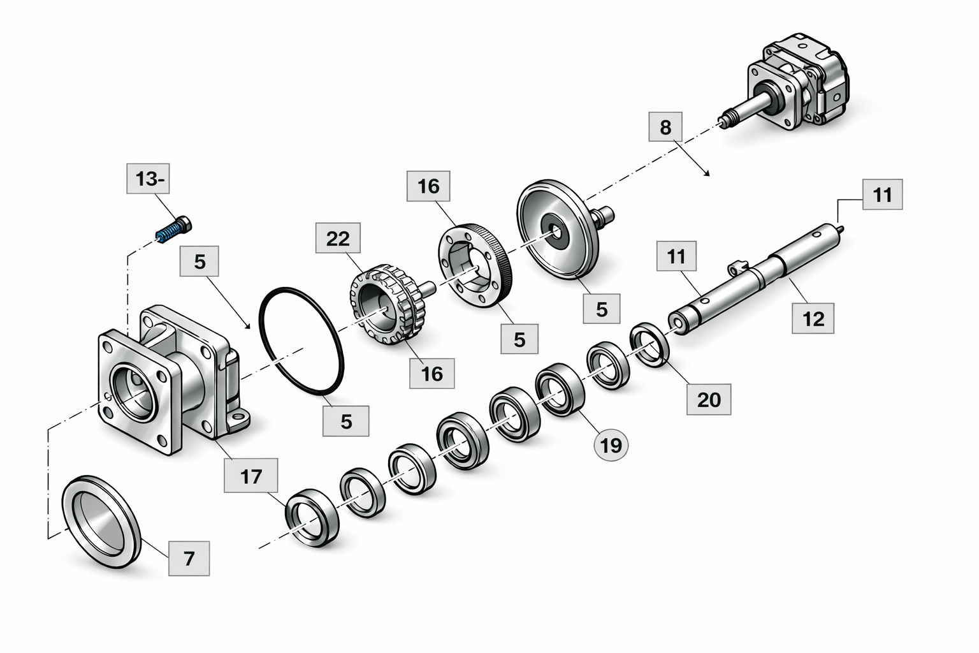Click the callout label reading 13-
coord(148,179)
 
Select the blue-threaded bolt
coord(174,230)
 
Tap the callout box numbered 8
coord(665,127)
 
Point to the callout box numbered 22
coord(338,238)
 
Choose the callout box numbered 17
coord(251,476)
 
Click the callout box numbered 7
coord(189,559)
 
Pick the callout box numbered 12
coord(813,318)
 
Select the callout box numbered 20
coord(709,399)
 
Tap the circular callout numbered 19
coord(611,446)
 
